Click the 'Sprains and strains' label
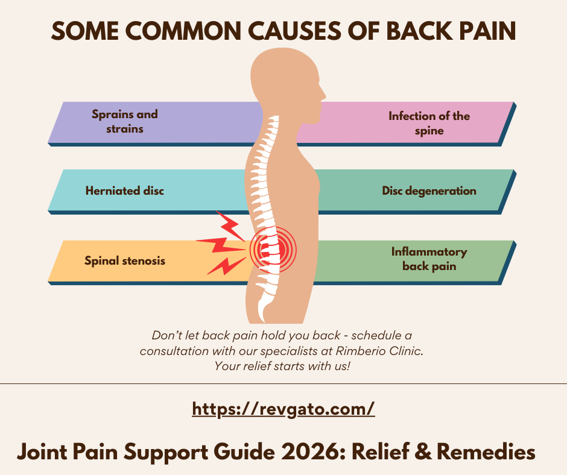[125, 121]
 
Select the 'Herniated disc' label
[125, 191]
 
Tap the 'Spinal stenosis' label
[125, 261]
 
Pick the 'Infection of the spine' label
[429, 123]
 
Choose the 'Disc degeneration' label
[429, 191]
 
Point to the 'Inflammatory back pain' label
[429, 259]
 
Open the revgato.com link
[283, 409]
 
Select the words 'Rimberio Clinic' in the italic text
[384, 351]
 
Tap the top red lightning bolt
[229, 224]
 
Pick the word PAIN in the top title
[489, 31]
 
